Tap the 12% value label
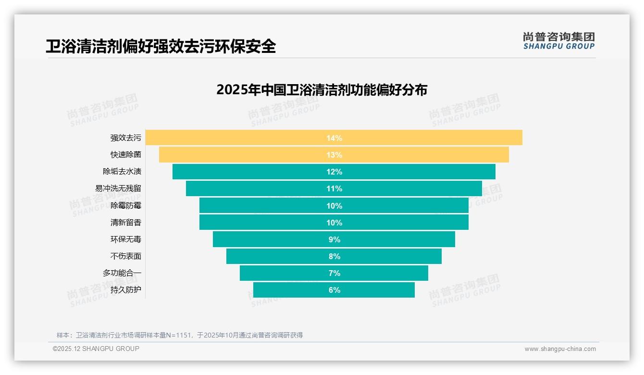coord(334,172)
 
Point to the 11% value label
coord(334,188)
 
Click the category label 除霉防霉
coord(125,205)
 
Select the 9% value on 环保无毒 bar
coord(334,239)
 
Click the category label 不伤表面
coord(125,256)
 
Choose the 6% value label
coord(334,290)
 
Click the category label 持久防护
coord(125,290)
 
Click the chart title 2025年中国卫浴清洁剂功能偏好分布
coord(322,90)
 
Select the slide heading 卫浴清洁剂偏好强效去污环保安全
coord(161,46)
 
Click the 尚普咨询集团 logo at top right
coord(558,40)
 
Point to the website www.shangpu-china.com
coord(560,349)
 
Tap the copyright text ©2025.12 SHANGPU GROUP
coord(96,349)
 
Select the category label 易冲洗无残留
coord(118,188)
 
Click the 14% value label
coord(334,138)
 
